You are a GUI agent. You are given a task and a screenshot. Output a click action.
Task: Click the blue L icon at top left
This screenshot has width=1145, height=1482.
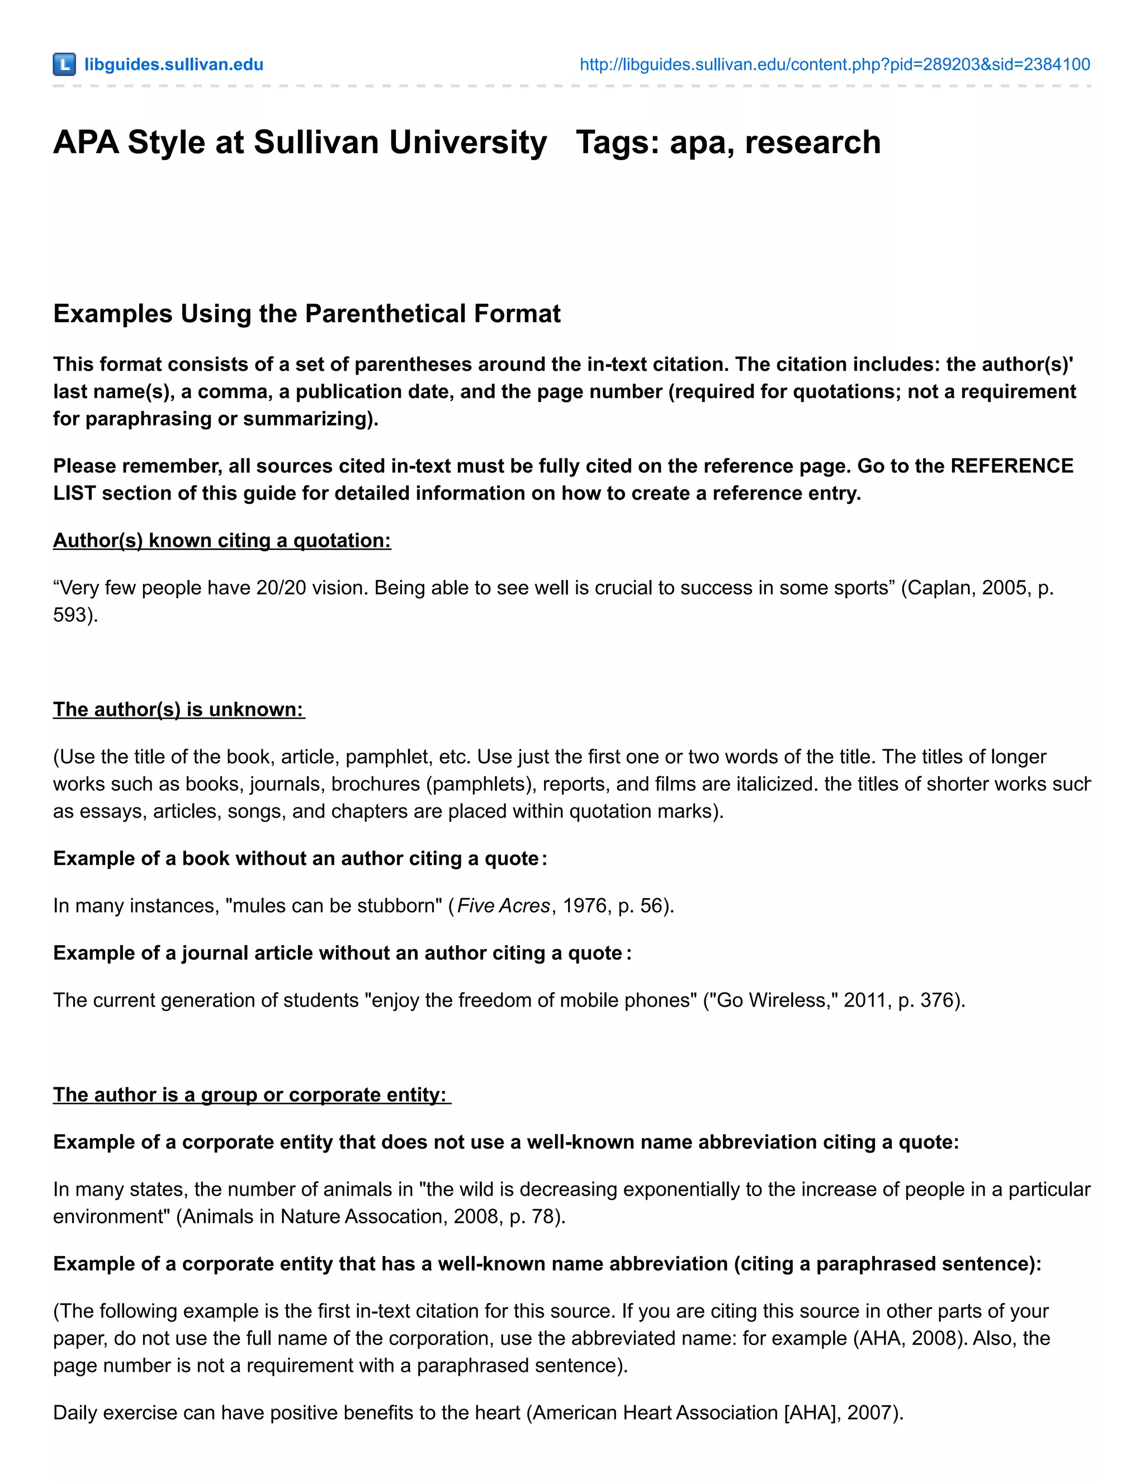point(64,64)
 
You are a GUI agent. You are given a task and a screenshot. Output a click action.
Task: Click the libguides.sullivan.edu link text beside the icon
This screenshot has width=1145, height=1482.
point(174,64)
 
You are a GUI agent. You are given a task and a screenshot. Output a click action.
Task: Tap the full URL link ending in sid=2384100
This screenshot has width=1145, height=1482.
point(834,64)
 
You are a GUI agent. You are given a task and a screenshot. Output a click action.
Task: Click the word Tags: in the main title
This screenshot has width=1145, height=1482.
point(617,143)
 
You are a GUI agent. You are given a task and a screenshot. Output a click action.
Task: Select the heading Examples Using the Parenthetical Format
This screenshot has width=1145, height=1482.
point(306,314)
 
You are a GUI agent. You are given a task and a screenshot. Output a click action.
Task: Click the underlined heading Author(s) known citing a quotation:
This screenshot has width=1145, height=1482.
point(222,540)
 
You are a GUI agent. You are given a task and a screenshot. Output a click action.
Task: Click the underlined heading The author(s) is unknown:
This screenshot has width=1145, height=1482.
point(178,709)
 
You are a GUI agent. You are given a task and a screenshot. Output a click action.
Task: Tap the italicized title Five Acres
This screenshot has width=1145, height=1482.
point(503,906)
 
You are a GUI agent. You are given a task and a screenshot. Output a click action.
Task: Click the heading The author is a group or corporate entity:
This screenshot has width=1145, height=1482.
point(251,1094)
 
